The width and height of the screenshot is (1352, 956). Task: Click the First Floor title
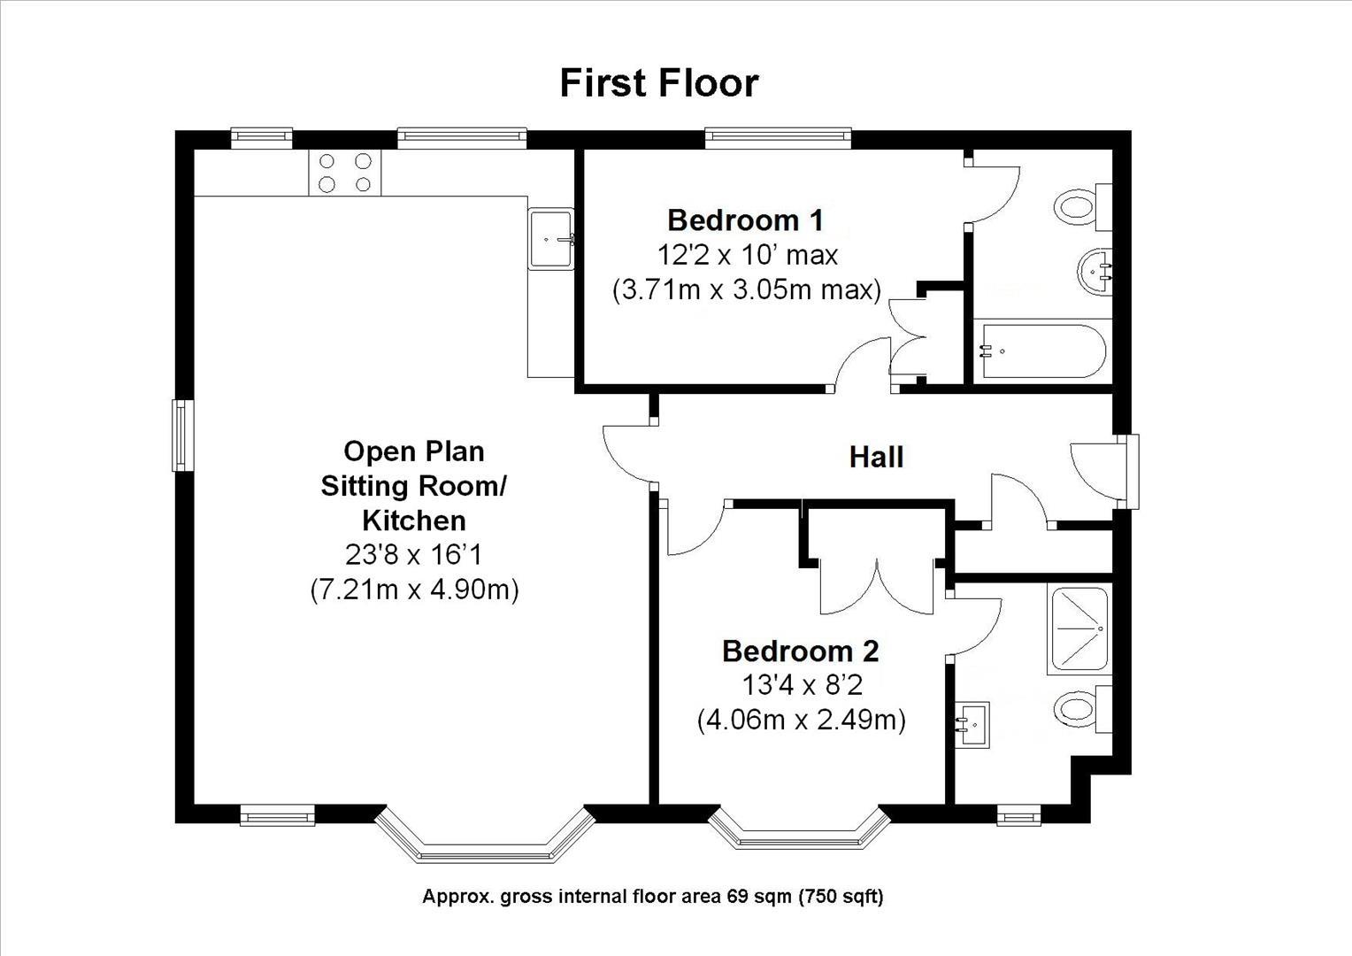pos(659,82)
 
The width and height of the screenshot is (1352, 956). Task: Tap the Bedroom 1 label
pos(745,220)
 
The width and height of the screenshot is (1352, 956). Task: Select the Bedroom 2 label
pos(800,651)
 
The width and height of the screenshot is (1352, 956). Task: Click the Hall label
pos(876,457)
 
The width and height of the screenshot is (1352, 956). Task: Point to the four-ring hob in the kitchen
pos(345,173)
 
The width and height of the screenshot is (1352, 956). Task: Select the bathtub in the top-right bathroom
pos(1041,351)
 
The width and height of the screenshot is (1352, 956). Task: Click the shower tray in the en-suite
pos(1077,629)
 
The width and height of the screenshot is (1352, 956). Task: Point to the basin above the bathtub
pos(1095,271)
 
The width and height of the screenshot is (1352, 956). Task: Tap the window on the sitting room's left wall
pos(181,435)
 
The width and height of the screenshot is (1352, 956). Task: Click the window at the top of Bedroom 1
pos(778,137)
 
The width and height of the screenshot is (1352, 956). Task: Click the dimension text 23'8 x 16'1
pos(413,555)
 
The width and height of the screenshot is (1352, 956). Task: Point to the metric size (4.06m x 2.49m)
pos(801,720)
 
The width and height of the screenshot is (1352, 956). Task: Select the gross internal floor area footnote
pos(652,897)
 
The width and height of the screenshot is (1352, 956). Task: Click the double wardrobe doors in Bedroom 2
pos(876,585)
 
